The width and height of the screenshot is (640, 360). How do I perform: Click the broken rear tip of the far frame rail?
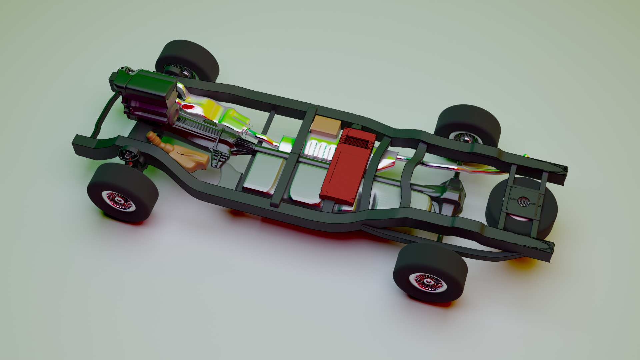pyautogui.click(x=563, y=170)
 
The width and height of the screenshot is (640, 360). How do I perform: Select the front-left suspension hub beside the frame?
pyautogui.click(x=128, y=155)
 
